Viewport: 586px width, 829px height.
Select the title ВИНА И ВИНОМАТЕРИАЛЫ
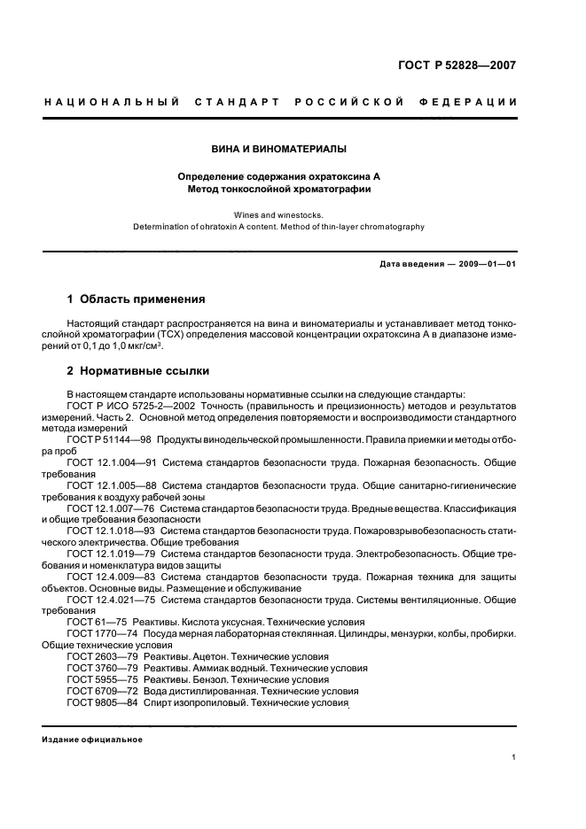[x=278, y=149]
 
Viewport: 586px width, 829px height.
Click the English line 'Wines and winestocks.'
[x=278, y=214]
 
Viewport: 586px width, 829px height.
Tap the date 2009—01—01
[x=486, y=264]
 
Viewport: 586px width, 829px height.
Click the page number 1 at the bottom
[x=514, y=782]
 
